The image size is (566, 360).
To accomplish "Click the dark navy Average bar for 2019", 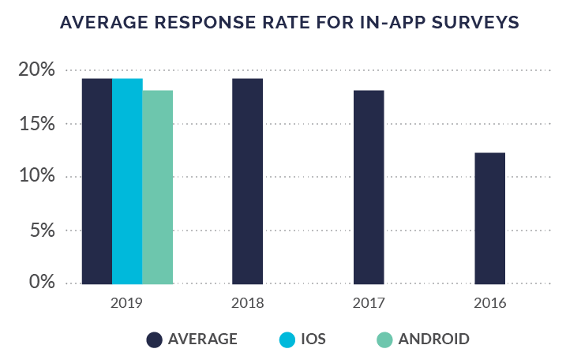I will point(96,181).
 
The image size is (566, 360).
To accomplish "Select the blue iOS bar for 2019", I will point(127,181).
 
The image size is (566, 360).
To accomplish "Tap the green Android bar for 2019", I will point(157,186).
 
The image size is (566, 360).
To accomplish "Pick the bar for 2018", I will point(247,181).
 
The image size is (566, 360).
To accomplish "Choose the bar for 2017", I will point(369,186).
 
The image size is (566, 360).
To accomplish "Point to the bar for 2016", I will point(490,218).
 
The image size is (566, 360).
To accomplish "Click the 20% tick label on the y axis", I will point(36,70).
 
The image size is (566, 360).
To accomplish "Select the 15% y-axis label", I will point(36,124).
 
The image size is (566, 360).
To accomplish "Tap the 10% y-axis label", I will point(36,177).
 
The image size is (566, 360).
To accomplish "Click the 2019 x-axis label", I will point(126,303).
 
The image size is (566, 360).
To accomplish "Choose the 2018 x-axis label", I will point(247,303).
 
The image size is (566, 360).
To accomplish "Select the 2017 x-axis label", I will point(369,303).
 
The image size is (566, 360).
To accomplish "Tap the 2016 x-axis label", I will point(490,303).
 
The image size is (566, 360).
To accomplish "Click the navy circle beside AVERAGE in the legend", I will point(156,339).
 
